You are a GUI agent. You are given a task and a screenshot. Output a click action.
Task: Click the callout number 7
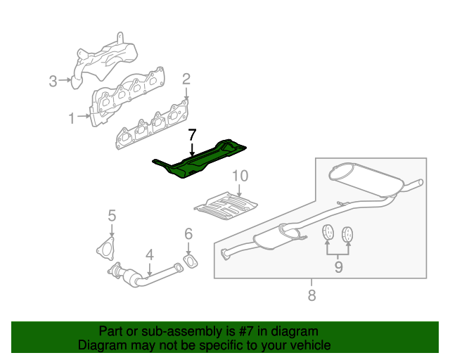coord(192,134)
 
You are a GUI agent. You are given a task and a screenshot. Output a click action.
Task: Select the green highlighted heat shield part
coord(198,161)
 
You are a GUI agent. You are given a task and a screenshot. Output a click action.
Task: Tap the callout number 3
coord(53,81)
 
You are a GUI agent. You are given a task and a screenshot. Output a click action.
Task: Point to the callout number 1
coord(72,118)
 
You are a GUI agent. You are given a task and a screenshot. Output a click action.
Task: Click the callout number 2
coord(186,79)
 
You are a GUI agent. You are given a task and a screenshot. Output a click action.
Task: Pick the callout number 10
coord(240,176)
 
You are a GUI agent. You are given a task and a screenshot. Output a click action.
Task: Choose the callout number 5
coord(112,215)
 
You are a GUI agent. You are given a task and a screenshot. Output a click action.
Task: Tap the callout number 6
coord(188,233)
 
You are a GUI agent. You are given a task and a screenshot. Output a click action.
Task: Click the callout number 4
coord(150,255)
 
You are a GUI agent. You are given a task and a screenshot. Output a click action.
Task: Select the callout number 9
coord(339,267)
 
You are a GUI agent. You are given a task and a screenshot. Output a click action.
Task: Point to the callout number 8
coord(311,295)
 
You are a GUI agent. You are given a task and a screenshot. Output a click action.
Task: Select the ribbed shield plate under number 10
coord(226,205)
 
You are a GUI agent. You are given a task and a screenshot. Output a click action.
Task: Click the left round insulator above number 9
coord(328,232)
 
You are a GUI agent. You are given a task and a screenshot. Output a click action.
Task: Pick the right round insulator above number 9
coord(347,234)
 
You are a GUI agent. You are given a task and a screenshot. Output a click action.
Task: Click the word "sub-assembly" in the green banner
coord(182,331)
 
